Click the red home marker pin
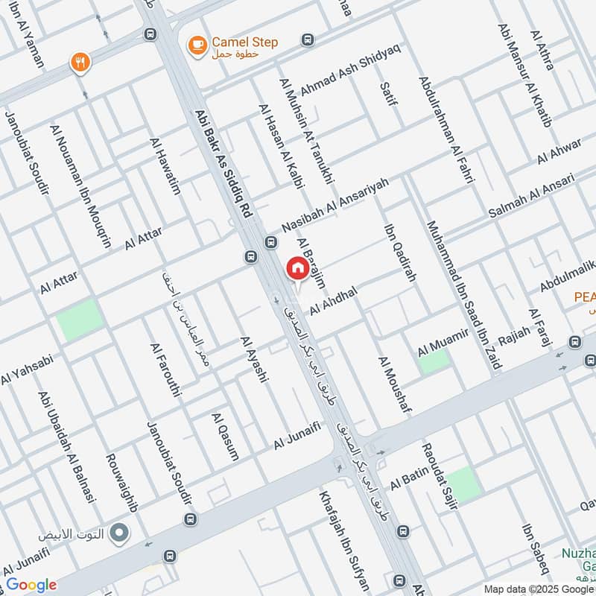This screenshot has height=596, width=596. click(297, 268)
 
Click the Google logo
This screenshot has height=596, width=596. click(31, 585)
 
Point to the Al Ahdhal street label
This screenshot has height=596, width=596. click(335, 299)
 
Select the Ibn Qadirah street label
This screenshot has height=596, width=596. click(399, 253)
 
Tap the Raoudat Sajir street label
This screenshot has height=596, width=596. click(438, 475)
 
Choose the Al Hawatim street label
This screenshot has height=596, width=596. click(165, 165)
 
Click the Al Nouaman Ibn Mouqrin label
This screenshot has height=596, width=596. click(80, 186)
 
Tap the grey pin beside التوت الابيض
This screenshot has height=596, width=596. click(118, 533)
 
